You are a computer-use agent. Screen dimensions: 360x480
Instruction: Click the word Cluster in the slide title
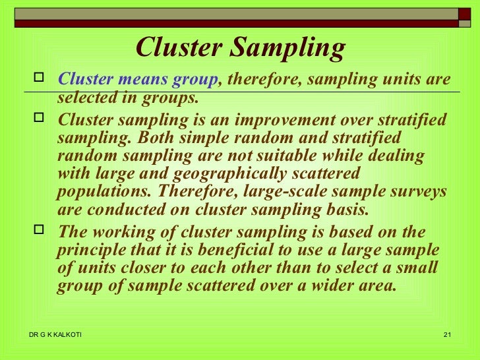(177, 47)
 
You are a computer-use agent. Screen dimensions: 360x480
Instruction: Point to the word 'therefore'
(253, 80)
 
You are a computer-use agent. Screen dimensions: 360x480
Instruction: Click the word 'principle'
(93, 251)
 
